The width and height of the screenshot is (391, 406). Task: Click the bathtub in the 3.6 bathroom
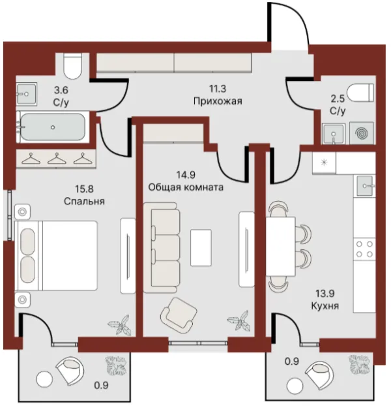53,127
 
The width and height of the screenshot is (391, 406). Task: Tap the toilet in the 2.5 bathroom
360,93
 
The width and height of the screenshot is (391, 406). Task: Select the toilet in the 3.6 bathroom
72,66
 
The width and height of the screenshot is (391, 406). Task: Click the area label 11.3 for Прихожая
218,89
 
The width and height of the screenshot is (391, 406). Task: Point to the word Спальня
84,201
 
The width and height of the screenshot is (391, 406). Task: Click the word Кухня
325,305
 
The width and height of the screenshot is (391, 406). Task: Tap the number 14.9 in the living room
186,175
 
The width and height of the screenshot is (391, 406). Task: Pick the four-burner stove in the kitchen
364,249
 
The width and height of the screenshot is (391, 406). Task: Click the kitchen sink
365,186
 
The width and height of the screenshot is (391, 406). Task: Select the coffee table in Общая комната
201,247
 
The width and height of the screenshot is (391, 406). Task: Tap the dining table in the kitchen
280,247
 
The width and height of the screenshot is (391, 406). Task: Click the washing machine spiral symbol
361,133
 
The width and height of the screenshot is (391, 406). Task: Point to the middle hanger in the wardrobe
57,159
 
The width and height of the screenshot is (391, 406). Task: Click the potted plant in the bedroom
119,324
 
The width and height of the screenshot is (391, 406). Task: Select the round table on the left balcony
44,379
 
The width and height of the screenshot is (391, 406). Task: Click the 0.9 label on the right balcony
292,361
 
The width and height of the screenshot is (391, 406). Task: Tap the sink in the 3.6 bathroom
26,94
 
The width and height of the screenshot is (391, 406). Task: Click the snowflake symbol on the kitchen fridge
323,163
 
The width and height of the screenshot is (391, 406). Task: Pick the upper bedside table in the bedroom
23,211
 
